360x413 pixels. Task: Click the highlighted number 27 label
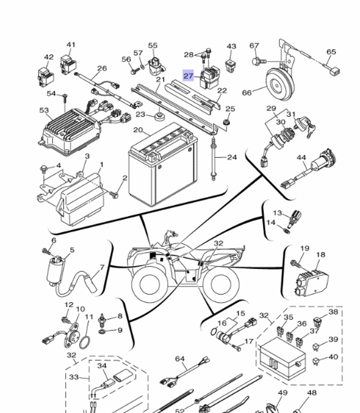point(188,76)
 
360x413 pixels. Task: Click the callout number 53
point(44,110)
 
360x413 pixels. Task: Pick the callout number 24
point(232,157)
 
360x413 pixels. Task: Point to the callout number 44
point(301,157)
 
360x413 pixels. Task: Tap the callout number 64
point(180,359)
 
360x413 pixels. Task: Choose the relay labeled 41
point(68,64)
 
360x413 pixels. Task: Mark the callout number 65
point(331,52)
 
